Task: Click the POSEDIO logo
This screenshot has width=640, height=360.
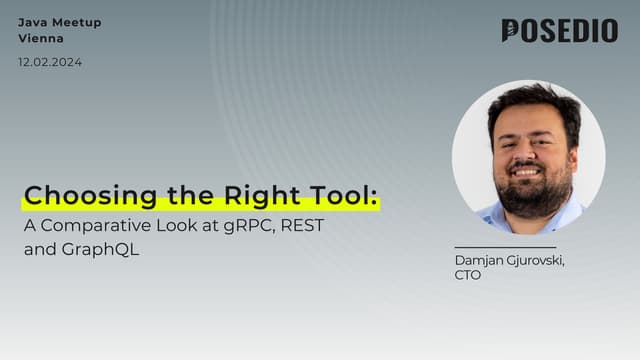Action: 559,31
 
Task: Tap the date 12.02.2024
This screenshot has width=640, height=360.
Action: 50,62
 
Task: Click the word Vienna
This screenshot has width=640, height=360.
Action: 41,39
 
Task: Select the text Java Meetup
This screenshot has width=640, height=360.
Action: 59,22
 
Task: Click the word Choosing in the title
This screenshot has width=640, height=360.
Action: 75,194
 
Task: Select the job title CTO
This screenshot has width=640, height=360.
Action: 468,275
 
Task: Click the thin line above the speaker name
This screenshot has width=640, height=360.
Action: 505,246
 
